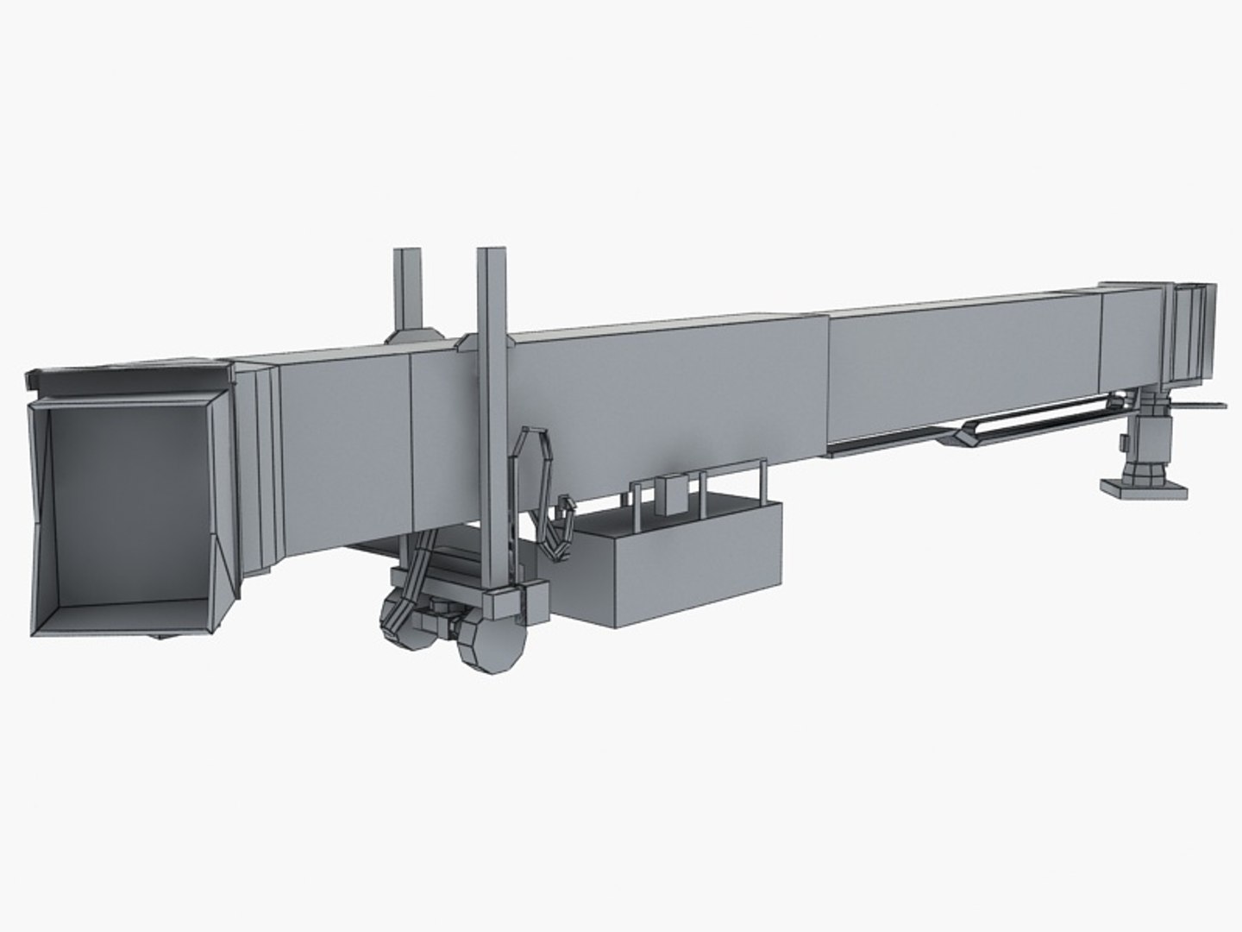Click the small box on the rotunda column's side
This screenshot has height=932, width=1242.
(x=1124, y=443)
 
